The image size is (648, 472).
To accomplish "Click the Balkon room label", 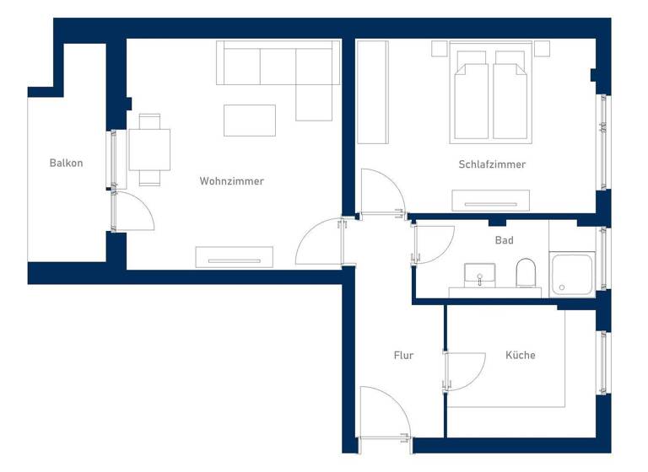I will click(x=66, y=163).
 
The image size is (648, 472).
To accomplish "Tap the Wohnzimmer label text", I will click(x=231, y=181).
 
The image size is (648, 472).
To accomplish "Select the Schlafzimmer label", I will click(x=492, y=164).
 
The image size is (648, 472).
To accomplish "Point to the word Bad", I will click(x=504, y=240).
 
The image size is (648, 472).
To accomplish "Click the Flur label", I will click(x=403, y=356).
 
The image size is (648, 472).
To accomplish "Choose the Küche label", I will click(x=521, y=356).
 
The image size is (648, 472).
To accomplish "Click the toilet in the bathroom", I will click(x=526, y=272).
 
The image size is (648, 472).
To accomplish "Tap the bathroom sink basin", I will click(x=480, y=275).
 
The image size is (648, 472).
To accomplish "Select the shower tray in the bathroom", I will click(x=572, y=274).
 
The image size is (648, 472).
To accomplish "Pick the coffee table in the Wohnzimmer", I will click(x=250, y=120).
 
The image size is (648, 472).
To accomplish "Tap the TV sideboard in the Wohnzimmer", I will click(x=235, y=256).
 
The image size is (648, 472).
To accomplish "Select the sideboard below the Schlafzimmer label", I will click(x=491, y=201).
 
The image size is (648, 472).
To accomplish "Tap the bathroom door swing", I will click(x=430, y=244).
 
